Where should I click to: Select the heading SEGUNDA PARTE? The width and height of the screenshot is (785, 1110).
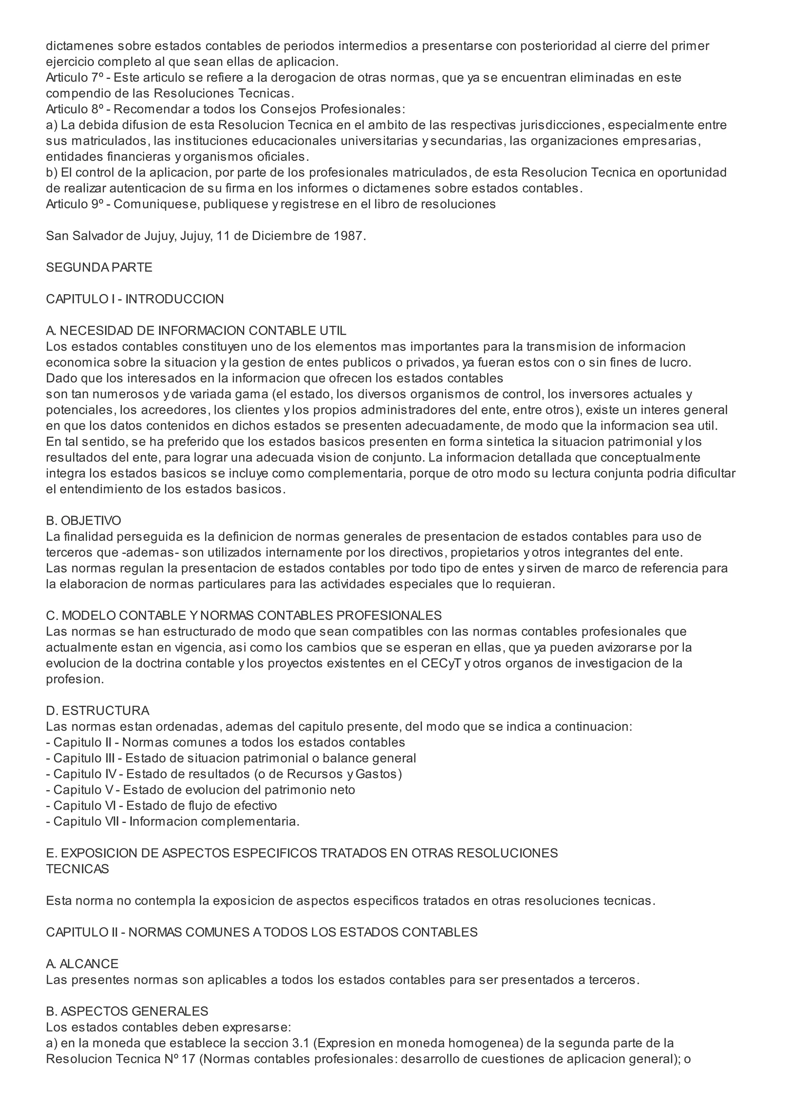pyautogui.click(x=99, y=267)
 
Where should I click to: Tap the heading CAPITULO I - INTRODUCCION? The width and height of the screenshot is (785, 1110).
pyautogui.click(x=135, y=299)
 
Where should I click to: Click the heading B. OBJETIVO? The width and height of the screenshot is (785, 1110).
pyautogui.click(x=84, y=521)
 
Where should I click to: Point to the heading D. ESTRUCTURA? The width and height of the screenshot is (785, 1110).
pyautogui.click(x=98, y=711)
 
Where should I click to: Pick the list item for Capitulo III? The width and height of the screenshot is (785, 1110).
pyautogui.click(x=231, y=758)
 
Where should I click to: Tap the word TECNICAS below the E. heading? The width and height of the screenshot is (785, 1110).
pyautogui.click(x=77, y=869)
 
